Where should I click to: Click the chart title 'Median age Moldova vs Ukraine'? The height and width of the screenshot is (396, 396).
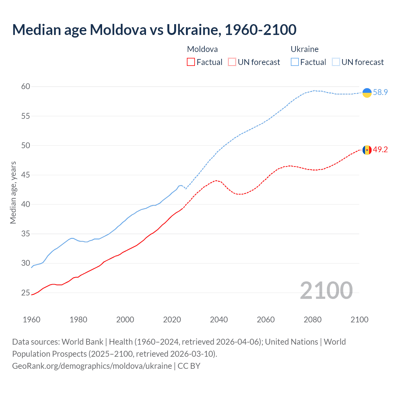pyautogui.click(x=154, y=30)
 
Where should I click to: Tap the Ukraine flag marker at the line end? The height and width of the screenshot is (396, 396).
pyautogui.click(x=367, y=93)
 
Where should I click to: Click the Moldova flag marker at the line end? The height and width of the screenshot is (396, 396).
pyautogui.click(x=367, y=150)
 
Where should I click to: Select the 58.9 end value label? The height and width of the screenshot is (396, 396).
pyautogui.click(x=380, y=93)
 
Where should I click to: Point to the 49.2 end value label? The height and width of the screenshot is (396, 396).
pyautogui.click(x=380, y=150)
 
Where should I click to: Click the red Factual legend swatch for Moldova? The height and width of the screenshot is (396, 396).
pyautogui.click(x=191, y=62)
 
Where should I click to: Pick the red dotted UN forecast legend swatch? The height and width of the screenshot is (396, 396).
pyautogui.click(x=232, y=62)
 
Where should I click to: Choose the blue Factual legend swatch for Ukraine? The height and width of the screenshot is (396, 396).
pyautogui.click(x=295, y=62)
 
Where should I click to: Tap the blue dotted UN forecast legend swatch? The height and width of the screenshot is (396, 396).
pyautogui.click(x=336, y=62)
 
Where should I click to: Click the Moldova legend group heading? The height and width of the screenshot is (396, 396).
pyautogui.click(x=202, y=49)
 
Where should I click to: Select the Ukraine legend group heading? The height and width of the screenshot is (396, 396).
pyautogui.click(x=304, y=49)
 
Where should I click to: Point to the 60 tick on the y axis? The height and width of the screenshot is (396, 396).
pyautogui.click(x=26, y=87)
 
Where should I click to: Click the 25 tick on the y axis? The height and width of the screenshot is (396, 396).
pyautogui.click(x=26, y=293)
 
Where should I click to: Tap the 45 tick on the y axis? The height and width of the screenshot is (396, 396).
pyautogui.click(x=26, y=175)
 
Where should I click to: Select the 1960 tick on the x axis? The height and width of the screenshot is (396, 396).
pyautogui.click(x=32, y=320)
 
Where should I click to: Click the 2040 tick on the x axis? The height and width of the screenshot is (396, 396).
pyautogui.click(x=219, y=320)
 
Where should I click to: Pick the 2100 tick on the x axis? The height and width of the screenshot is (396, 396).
pyautogui.click(x=359, y=320)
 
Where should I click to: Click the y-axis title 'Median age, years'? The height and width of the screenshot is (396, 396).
pyautogui.click(x=13, y=192)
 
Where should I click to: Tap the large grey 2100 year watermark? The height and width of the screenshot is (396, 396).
pyautogui.click(x=326, y=291)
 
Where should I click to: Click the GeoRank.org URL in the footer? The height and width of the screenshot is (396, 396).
pyautogui.click(x=92, y=366)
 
